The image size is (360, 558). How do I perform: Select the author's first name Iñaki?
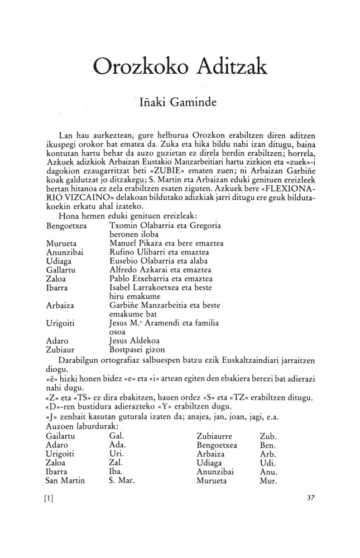(153, 104)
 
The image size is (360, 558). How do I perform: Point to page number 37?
(312, 498)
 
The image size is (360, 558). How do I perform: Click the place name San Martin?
(65, 480)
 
